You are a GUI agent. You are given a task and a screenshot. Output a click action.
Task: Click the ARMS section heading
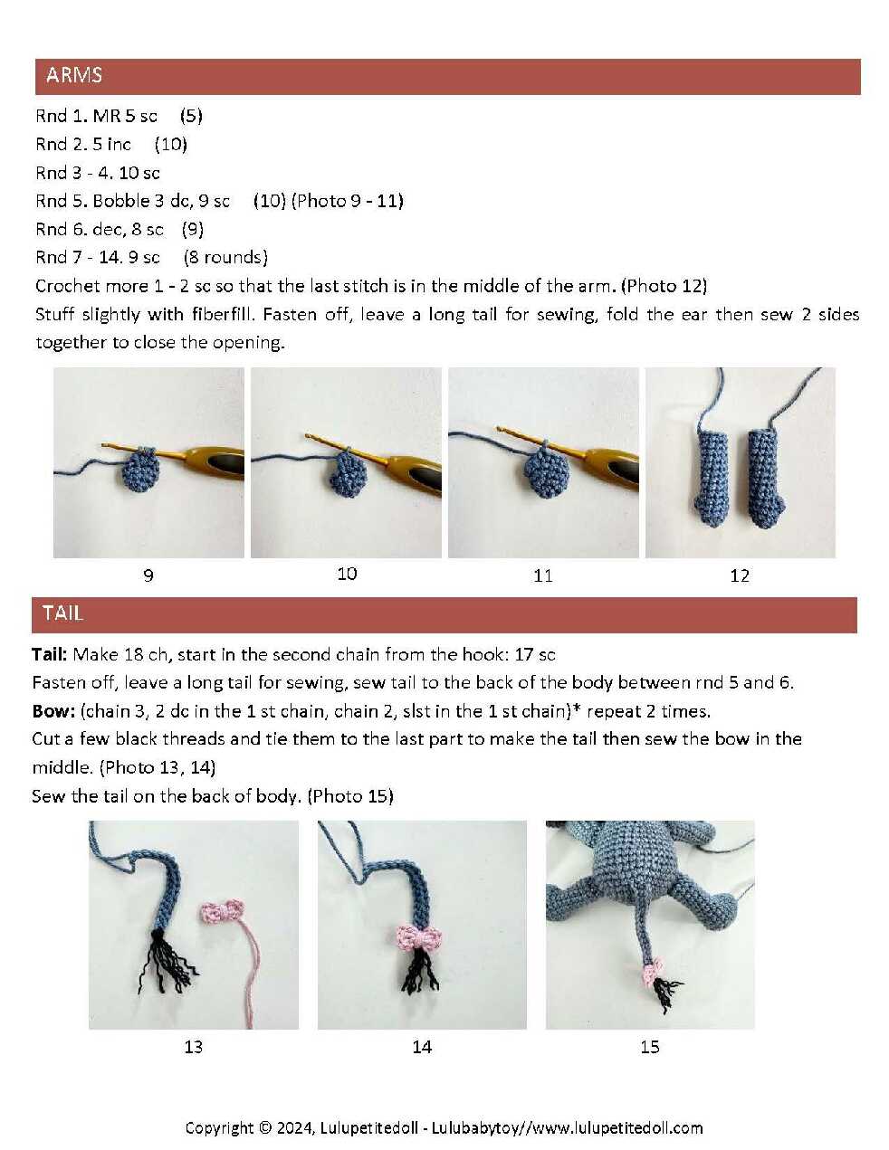point(74,75)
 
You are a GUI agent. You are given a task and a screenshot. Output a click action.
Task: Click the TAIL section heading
point(63,613)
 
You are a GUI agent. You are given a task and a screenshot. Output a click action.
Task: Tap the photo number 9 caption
point(148,575)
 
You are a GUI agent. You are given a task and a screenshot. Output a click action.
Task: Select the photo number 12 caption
point(740,575)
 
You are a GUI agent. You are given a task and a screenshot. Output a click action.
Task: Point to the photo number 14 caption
point(422,1047)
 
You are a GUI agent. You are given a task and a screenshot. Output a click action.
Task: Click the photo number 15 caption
point(650,1047)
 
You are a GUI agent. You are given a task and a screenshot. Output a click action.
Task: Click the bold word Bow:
point(53,711)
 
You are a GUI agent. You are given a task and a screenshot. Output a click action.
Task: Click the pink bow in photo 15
point(651,974)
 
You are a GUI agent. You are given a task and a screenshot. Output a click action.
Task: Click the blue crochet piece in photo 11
point(546,472)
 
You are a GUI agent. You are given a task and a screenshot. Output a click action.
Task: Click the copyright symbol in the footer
point(265,1127)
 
